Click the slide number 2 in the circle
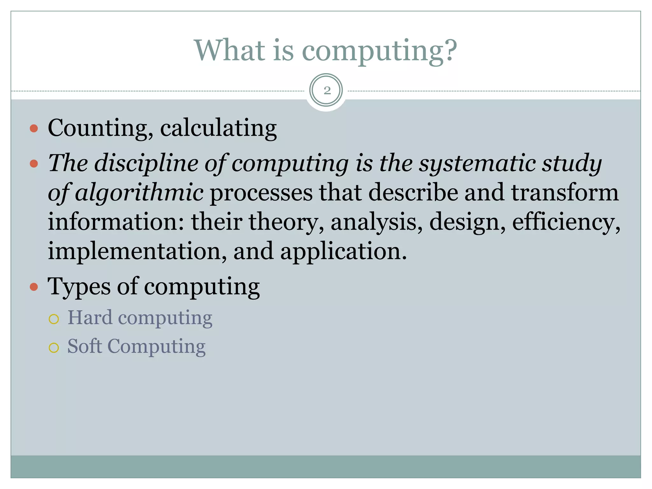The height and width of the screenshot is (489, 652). point(327,91)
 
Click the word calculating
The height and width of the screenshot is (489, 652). point(218,128)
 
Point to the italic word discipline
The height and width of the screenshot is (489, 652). point(146,163)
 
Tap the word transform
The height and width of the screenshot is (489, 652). point(565,193)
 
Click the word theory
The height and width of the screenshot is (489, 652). point(283,222)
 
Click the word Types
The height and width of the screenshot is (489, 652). point(79,287)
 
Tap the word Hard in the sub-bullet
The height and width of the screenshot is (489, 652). point(90,318)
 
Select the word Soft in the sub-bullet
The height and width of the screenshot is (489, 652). point(85,346)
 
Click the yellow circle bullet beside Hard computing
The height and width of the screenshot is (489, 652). point(54,319)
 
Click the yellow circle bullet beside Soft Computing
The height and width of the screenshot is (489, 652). point(54,348)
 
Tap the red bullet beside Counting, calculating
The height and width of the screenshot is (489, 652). point(34,129)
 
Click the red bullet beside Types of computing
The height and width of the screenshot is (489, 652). point(34,287)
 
